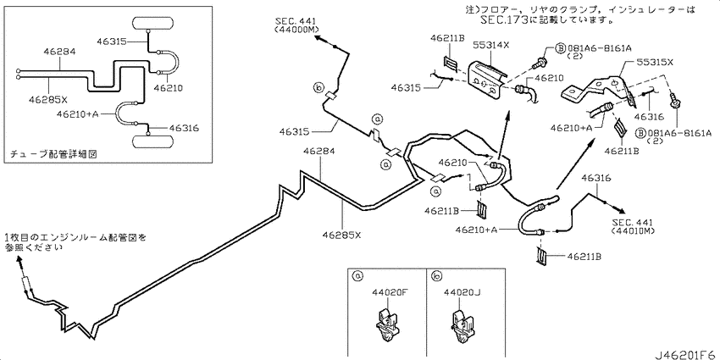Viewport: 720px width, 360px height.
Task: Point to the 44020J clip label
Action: tap(461, 291)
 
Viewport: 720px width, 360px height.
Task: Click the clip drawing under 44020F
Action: tap(388, 326)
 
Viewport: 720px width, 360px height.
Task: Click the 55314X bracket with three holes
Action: tap(488, 80)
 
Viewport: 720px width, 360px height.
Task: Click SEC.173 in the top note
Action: tap(503, 19)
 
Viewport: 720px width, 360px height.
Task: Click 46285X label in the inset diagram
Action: tap(48, 99)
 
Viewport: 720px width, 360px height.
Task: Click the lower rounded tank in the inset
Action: tap(153, 141)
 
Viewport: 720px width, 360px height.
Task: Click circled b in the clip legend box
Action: tap(436, 275)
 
